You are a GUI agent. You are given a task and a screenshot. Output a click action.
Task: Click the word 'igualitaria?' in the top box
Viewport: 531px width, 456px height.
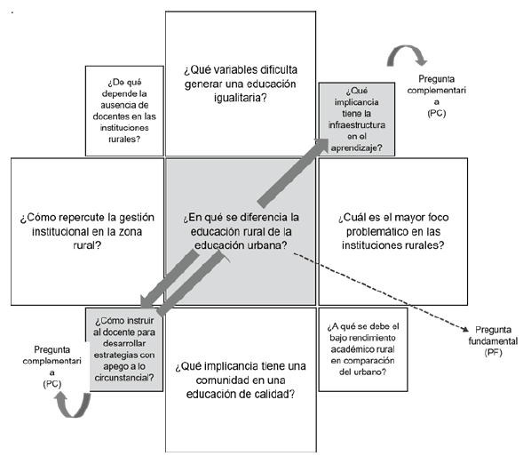coord(240,98)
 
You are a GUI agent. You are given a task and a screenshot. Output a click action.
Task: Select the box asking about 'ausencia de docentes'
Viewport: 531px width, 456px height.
coord(124,111)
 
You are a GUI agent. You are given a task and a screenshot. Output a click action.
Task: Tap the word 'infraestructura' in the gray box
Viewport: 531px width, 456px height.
coord(357,124)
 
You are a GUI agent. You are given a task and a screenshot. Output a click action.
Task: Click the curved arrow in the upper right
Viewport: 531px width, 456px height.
coord(407,55)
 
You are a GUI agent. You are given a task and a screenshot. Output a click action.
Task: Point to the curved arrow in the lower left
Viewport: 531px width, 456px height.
coord(73,405)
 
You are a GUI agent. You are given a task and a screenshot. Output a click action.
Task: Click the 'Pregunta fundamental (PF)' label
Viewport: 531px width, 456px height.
coord(493,340)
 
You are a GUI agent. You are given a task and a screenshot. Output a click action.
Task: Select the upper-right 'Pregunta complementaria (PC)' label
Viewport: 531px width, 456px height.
coord(437,96)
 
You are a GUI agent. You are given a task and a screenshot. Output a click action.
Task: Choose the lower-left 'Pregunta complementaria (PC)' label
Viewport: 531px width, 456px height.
coord(52,366)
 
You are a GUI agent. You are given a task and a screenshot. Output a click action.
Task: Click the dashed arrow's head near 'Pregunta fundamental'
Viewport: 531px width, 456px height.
coord(465,329)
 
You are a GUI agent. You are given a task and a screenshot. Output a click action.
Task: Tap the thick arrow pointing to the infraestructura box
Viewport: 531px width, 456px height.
coord(293,172)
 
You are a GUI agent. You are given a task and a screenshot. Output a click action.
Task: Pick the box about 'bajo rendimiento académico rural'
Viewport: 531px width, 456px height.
coord(363,349)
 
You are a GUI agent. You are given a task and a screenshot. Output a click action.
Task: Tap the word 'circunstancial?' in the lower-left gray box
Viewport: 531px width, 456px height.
coord(124,378)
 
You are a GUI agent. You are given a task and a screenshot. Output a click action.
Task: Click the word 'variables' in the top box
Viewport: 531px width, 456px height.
coord(226,70)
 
